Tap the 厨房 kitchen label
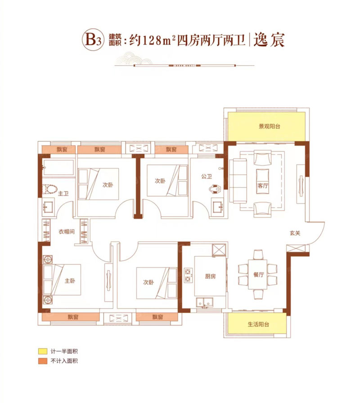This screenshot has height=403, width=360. coord(210,276)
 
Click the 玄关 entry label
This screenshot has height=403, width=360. coord(295,233)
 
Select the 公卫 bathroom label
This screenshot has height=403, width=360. coord(207,177)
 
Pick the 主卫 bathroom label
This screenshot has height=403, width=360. coord(63,194)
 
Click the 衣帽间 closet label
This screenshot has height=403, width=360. coord(66,233)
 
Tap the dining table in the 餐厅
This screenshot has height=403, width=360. coord(258,275)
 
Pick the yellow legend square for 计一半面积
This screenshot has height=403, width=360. coord(42,351)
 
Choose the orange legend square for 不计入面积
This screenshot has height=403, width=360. coord(42,361)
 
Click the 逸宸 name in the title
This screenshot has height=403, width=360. coord(270,40)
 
